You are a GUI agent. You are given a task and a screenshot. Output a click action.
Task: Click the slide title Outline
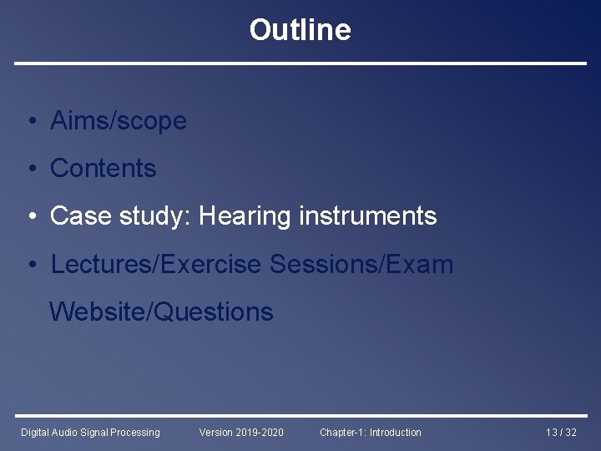pyautogui.click(x=300, y=30)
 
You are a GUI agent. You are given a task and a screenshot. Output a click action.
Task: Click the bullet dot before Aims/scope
pyautogui.click(x=29, y=122)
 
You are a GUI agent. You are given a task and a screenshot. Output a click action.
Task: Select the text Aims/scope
pyautogui.click(x=118, y=121)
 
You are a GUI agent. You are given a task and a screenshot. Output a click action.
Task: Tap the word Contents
pyautogui.click(x=104, y=169)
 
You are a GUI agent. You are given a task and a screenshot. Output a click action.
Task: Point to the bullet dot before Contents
pyautogui.click(x=29, y=170)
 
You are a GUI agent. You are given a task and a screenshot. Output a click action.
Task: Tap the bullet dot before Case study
pyautogui.click(x=29, y=217)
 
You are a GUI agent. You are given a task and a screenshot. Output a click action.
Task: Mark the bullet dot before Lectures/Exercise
pyautogui.click(x=29, y=266)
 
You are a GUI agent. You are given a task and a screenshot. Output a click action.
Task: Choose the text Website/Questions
pyautogui.click(x=161, y=312)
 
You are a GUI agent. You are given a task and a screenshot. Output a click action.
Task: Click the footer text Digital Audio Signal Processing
pyautogui.click(x=90, y=432)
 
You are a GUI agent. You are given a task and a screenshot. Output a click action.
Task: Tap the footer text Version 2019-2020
pyautogui.click(x=241, y=432)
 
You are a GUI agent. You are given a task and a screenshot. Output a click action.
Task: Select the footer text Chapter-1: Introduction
pyautogui.click(x=371, y=432)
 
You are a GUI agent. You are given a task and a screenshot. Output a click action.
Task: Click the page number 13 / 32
pyautogui.click(x=560, y=432)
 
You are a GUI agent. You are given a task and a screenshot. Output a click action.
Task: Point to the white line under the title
pyautogui.click(x=300, y=63)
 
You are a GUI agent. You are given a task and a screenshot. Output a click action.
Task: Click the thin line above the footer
pyautogui.click(x=300, y=415)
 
